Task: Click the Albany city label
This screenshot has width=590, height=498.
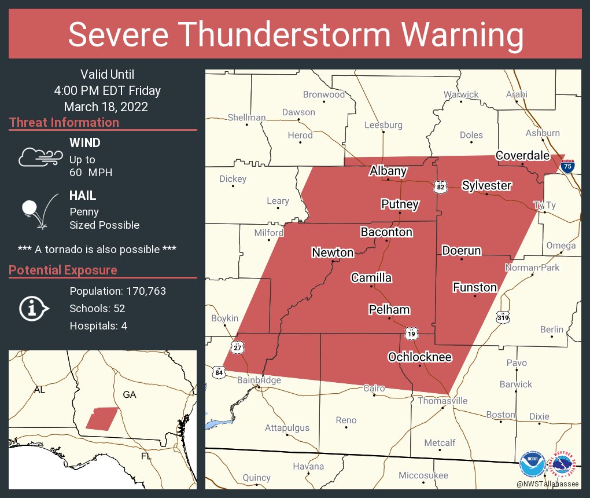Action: (388, 171)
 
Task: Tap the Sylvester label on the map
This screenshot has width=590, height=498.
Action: (486, 185)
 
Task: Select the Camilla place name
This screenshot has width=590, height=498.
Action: (371, 278)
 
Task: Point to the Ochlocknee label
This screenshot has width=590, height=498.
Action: (419, 357)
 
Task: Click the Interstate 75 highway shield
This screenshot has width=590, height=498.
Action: (567, 166)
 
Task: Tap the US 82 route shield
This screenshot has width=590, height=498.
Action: (440, 187)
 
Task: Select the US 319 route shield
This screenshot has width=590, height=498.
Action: (502, 317)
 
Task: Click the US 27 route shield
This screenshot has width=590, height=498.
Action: (237, 347)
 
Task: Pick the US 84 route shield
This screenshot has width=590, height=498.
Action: (218, 371)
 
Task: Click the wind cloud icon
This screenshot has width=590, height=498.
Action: (39, 156)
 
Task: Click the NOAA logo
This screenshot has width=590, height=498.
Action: (532, 464)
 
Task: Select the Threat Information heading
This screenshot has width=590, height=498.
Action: (64, 123)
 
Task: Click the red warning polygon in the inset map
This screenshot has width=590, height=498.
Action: (101, 418)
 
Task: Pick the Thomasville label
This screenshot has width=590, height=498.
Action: (443, 401)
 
